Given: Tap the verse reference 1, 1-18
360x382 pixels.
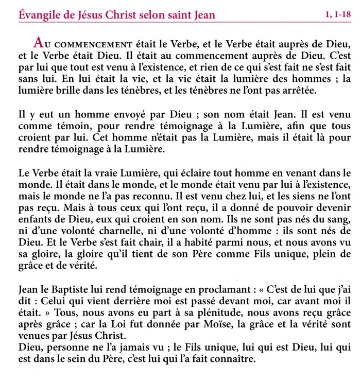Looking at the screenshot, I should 337,15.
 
